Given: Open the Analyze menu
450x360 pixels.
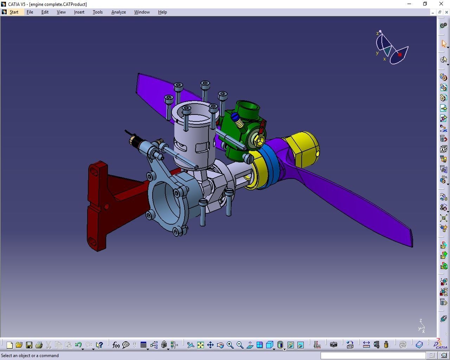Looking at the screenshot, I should [x=118, y=12].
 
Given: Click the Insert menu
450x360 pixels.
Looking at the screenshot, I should [x=79, y=12].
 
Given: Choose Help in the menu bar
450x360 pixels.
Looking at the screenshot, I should [x=162, y=12].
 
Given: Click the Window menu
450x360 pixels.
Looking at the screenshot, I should [x=142, y=12].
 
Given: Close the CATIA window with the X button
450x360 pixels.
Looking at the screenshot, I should [x=441, y=4].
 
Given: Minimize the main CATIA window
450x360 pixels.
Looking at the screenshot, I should [x=409, y=4].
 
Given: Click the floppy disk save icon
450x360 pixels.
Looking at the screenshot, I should [x=29, y=345].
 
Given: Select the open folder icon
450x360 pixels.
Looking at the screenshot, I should [x=19, y=345].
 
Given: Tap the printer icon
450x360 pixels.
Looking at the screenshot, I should [x=39, y=345].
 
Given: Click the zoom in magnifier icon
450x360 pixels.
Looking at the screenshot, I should [x=230, y=345].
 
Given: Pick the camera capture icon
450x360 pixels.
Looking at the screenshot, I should [x=333, y=345].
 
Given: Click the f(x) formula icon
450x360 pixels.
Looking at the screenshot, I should [x=116, y=345].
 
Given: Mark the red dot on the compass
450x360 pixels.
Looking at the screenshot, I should [x=400, y=55].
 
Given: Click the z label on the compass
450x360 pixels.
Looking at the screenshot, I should [x=378, y=33].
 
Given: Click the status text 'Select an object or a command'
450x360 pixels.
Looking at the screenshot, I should [x=30, y=355].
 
